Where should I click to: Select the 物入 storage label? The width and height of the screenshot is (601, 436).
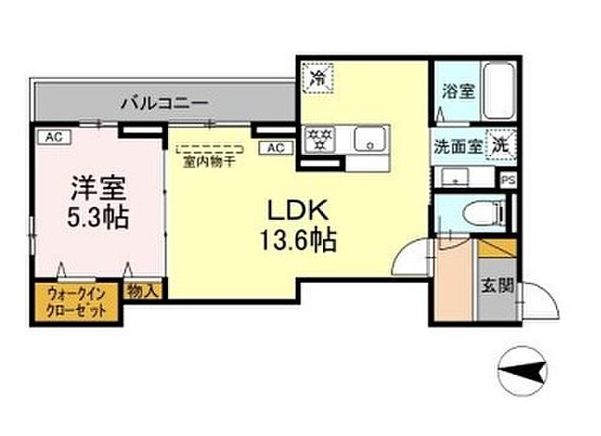(x=145, y=291)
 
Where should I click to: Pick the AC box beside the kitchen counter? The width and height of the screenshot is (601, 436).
(x=276, y=148)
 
